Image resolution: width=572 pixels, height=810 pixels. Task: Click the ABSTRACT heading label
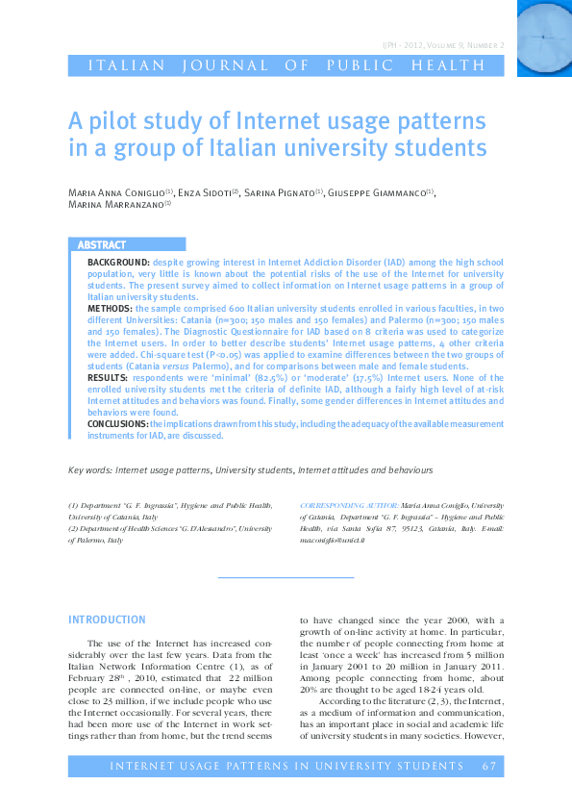pyautogui.click(x=101, y=245)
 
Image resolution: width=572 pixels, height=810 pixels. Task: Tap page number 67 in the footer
pyautogui.click(x=489, y=766)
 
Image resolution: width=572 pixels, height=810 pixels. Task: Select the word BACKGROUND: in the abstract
pyautogui.click(x=118, y=262)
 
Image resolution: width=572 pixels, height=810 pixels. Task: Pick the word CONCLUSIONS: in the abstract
pyautogui.click(x=117, y=423)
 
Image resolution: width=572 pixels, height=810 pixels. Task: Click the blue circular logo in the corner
pyautogui.click(x=544, y=38)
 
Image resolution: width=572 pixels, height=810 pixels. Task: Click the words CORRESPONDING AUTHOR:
pyautogui.click(x=348, y=504)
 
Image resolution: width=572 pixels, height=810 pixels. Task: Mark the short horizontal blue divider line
pyautogui.click(x=286, y=576)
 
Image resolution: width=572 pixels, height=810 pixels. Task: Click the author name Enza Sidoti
pyautogui.click(x=203, y=192)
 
